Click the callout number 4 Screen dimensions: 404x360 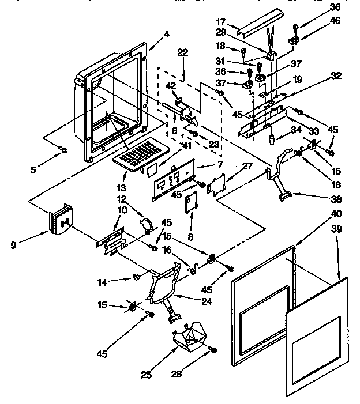point(167,34)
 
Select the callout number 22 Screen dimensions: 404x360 point(183,52)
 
